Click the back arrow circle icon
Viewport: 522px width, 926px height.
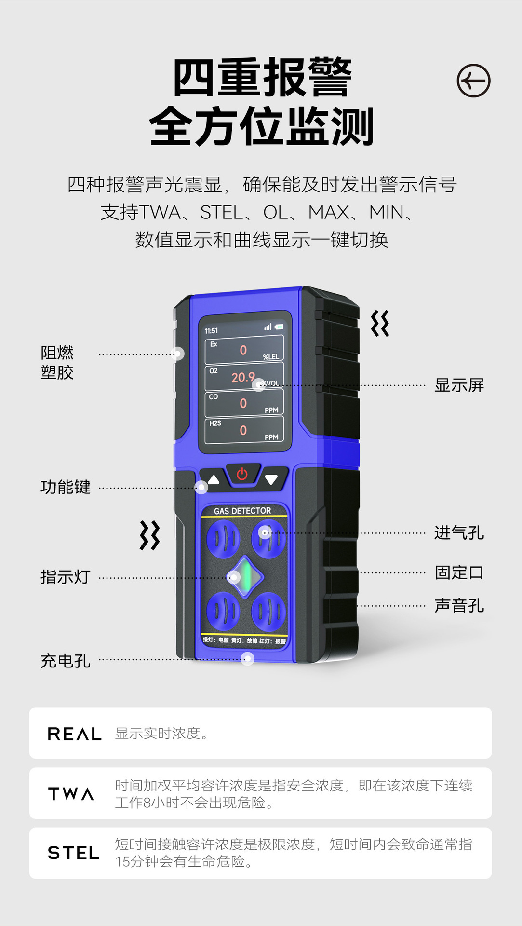coord(473,81)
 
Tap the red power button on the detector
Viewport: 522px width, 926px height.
coord(242,474)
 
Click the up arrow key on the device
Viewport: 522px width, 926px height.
coord(214,480)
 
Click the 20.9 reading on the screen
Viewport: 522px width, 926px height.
coord(242,377)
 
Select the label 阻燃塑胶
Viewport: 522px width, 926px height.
coord(57,362)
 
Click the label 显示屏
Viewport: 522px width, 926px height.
coord(458,385)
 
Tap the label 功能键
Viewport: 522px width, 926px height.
coord(65,487)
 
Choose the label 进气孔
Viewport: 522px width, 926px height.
coord(458,533)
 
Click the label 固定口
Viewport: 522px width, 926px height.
coord(458,572)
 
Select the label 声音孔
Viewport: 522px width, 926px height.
coord(458,605)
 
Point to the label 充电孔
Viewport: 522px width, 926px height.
coord(65,661)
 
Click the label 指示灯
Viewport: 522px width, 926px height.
coord(65,577)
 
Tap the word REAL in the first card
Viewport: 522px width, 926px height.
coord(74,734)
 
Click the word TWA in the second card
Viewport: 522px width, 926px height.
coord(71,794)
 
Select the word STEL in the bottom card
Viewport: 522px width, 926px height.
coord(73,853)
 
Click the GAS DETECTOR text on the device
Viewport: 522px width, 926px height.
coord(242,511)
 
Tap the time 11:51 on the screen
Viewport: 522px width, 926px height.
coord(211,331)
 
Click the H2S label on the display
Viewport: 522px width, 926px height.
coord(215,423)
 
